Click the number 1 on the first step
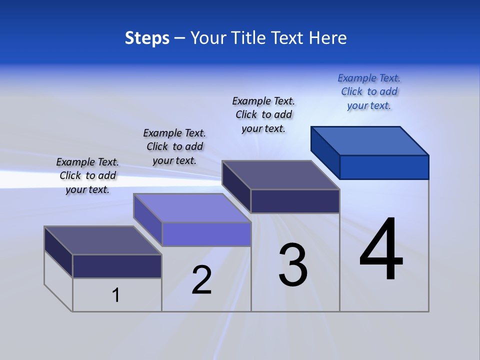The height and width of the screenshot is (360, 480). tap(116, 295)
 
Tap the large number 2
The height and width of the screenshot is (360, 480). tap(202, 280)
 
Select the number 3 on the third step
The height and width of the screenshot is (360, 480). tap(293, 265)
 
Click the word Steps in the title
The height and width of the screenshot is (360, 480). tap(147, 38)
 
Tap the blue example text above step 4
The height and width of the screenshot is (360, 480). tap(369, 91)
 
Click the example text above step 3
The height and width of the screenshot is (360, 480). tap(263, 114)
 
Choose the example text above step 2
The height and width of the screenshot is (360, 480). tap(174, 146)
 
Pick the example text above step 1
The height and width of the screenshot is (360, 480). tap(87, 175)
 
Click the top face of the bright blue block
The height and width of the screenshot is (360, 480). tap(370, 140)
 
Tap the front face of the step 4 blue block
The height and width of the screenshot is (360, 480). tap(384, 167)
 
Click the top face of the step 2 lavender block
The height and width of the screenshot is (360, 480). tap(192, 207)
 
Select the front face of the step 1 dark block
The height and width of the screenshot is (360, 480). tap(117, 266)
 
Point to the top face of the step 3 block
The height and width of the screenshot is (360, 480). tap(281, 175)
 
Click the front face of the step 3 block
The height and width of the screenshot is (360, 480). tap(295, 201)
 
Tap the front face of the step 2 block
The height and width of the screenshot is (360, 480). tap(206, 234)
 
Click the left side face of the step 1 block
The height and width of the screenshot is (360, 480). tap(58, 251)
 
